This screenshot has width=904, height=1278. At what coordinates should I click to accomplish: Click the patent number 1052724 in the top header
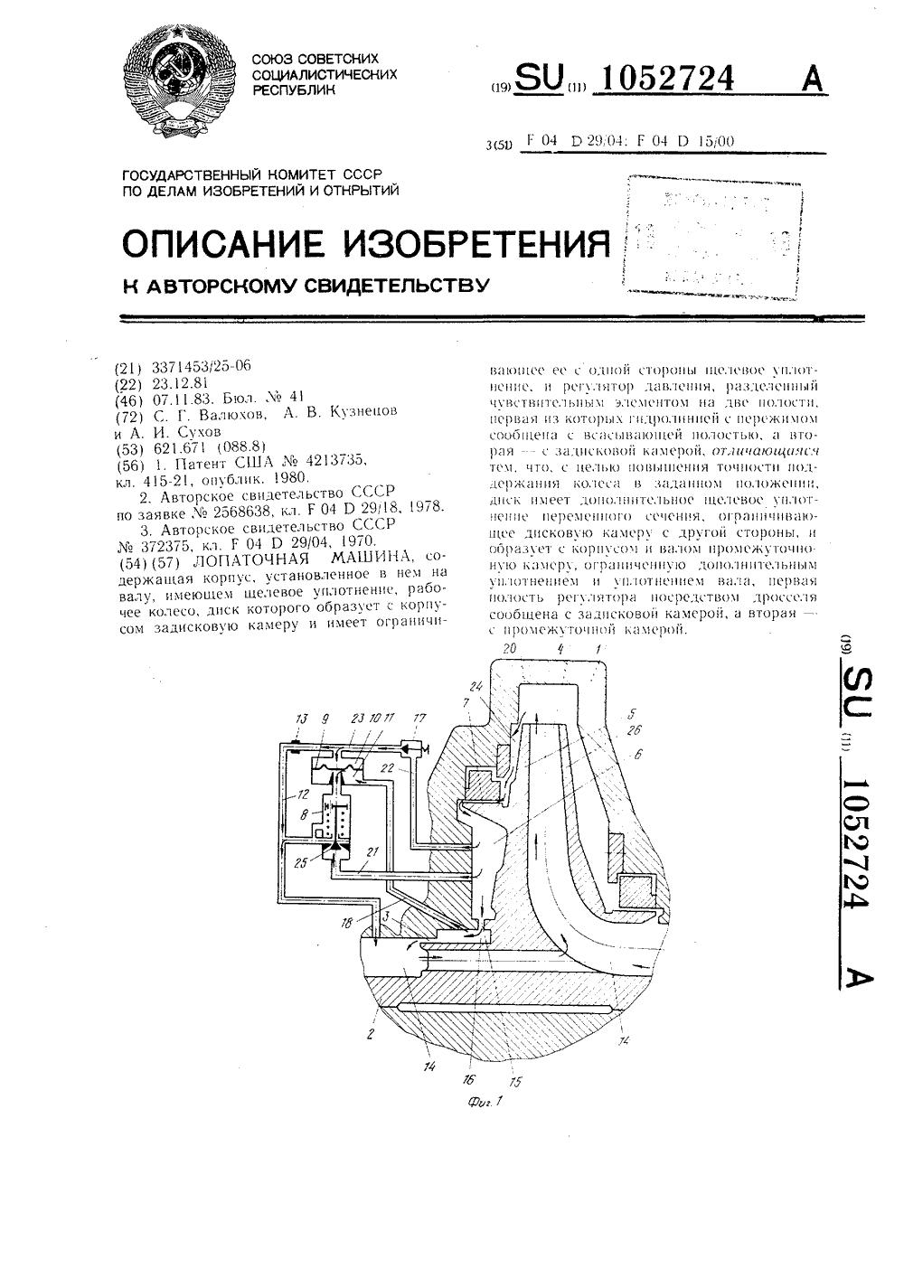668,80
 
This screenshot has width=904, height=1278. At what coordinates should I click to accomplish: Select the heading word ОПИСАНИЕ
224,242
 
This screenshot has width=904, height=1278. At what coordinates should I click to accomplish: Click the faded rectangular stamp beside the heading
711,237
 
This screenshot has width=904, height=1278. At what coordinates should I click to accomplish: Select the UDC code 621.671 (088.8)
208,446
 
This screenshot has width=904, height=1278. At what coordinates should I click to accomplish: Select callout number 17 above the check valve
419,719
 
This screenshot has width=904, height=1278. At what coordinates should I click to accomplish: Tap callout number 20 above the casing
509,649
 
